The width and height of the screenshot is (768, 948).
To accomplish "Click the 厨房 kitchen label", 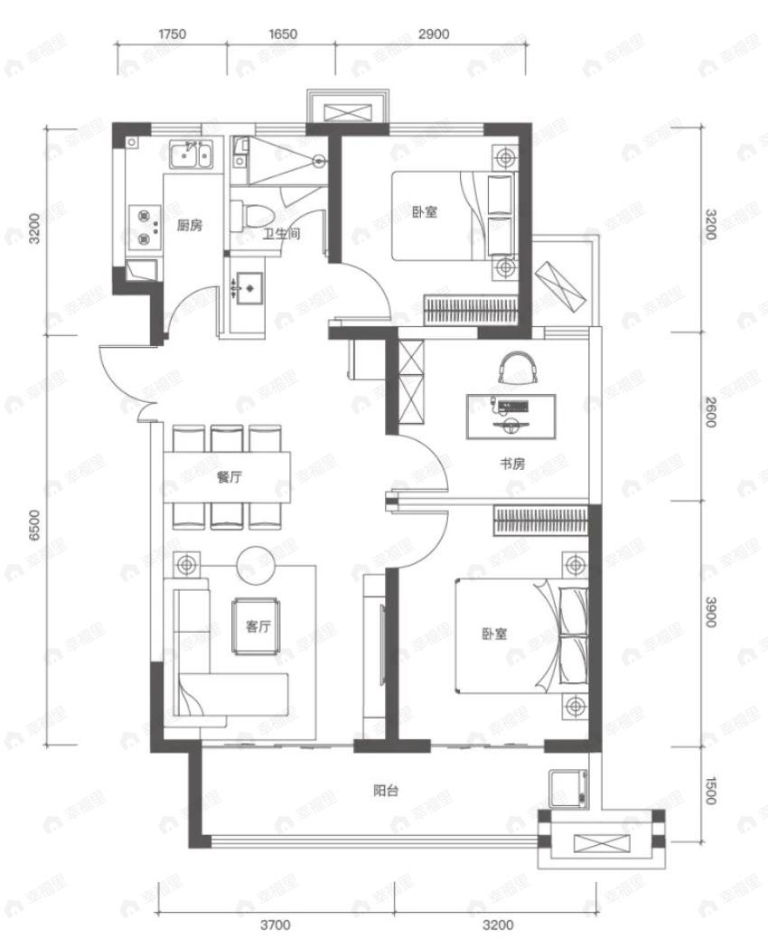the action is coord(189,226).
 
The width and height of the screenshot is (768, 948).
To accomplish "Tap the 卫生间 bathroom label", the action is coord(281,233).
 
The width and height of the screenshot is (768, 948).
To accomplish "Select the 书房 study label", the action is coord(512,464).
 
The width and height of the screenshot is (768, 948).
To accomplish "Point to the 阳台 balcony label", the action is coord(386,790).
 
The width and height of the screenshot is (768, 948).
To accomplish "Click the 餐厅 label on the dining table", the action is coord(229,478).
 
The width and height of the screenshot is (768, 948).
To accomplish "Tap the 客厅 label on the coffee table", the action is coord(258,626).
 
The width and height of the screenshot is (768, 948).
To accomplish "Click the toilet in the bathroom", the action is coord(253,218).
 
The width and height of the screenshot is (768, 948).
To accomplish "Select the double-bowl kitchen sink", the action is coord(191,155).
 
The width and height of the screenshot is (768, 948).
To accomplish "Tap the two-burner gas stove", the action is coord(145,227).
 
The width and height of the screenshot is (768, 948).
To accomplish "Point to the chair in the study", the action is coord(517,367).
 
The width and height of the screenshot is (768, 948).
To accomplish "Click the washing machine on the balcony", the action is coord(568,788).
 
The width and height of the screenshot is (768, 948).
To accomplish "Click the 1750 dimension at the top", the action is coord(173,34).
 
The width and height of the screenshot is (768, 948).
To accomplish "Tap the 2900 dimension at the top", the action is coord(434,34).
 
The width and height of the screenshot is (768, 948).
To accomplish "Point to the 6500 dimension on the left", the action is coord(33,525).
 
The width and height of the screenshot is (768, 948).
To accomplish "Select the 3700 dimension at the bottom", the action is coord(276,925).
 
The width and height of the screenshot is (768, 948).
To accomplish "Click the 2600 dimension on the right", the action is coord(710,413).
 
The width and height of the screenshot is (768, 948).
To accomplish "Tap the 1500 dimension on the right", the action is coord(710,790).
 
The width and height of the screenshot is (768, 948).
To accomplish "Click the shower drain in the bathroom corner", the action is coord(319,162).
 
